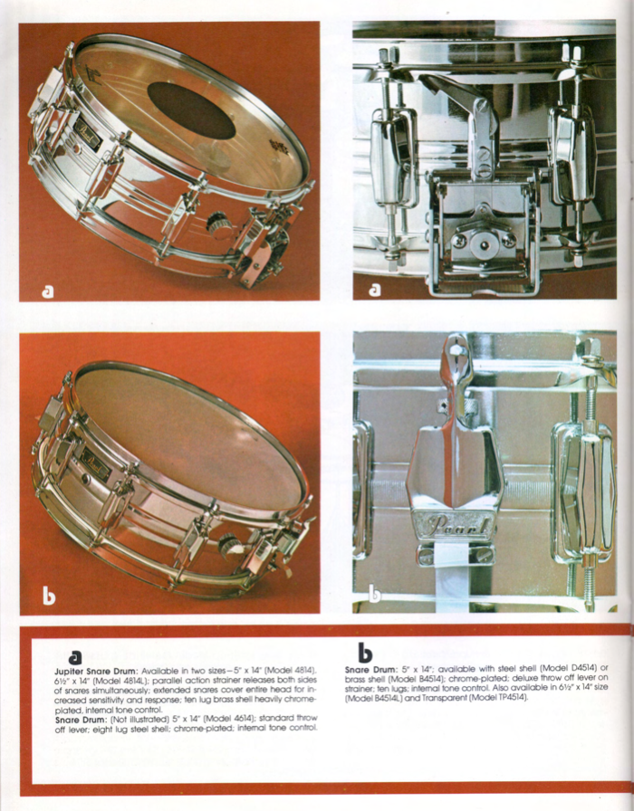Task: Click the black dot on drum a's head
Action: coord(191,110)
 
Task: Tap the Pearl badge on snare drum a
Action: coord(88,135)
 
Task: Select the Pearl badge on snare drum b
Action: coord(95,465)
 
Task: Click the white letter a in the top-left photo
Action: coord(48,291)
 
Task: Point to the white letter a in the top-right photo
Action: coord(375,290)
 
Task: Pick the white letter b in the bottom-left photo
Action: coord(49,596)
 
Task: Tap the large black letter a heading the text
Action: coord(75,657)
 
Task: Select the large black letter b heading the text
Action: coord(365,653)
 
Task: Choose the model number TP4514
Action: coord(510,698)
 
